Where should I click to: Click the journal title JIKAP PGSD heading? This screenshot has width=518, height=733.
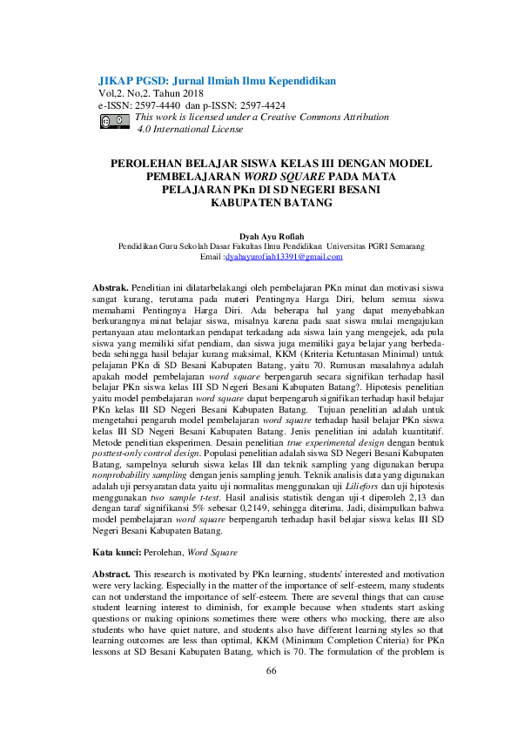pos(217,80)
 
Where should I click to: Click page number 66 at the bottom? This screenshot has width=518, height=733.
pos(271,695)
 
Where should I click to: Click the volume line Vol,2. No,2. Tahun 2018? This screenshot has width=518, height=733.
pos(151,92)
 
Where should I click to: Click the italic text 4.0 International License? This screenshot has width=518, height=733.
pos(191,129)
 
